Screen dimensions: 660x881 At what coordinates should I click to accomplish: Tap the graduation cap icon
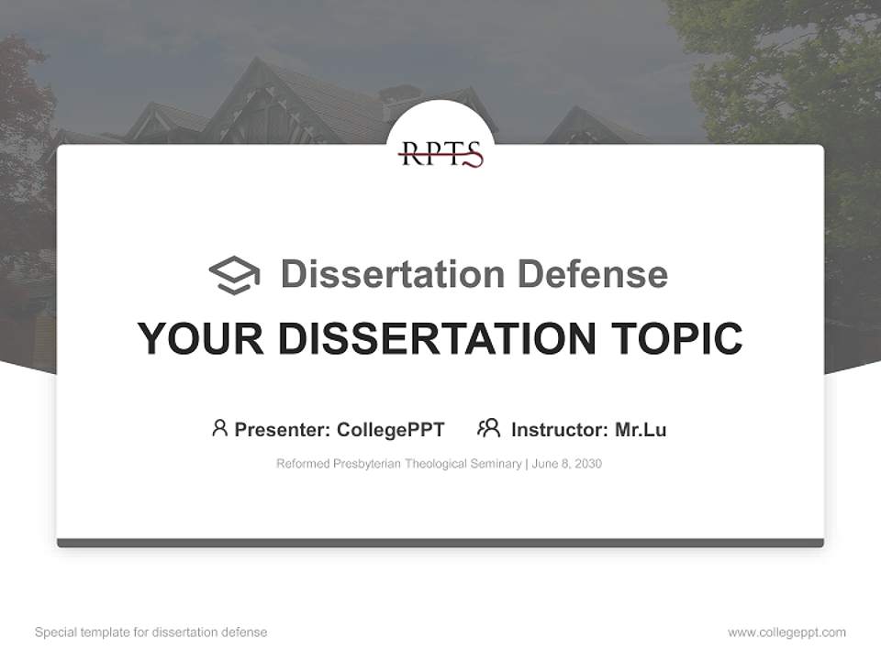[x=234, y=275]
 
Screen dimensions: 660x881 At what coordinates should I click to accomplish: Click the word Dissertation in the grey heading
[x=392, y=274]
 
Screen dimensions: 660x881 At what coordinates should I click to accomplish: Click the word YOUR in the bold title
[x=201, y=338]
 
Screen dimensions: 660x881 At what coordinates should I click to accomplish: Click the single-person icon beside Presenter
[x=219, y=428]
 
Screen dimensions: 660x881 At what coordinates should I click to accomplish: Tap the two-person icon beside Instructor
[x=488, y=428]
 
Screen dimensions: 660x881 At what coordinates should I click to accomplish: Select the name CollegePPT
[x=390, y=430]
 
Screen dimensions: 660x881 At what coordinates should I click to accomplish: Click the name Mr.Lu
[x=641, y=430]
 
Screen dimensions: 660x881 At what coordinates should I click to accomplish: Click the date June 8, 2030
[x=566, y=464]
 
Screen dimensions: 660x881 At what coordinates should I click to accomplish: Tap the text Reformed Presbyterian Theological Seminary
[x=398, y=464]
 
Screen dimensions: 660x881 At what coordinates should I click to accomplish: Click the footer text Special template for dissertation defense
[x=151, y=632]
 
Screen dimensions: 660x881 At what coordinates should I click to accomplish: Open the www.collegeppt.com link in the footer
[x=786, y=632]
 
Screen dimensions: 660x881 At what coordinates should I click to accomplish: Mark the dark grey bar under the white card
[x=440, y=543]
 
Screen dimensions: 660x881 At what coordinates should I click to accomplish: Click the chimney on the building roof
[x=400, y=94]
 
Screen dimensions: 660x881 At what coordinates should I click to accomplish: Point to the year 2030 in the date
[x=588, y=464]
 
